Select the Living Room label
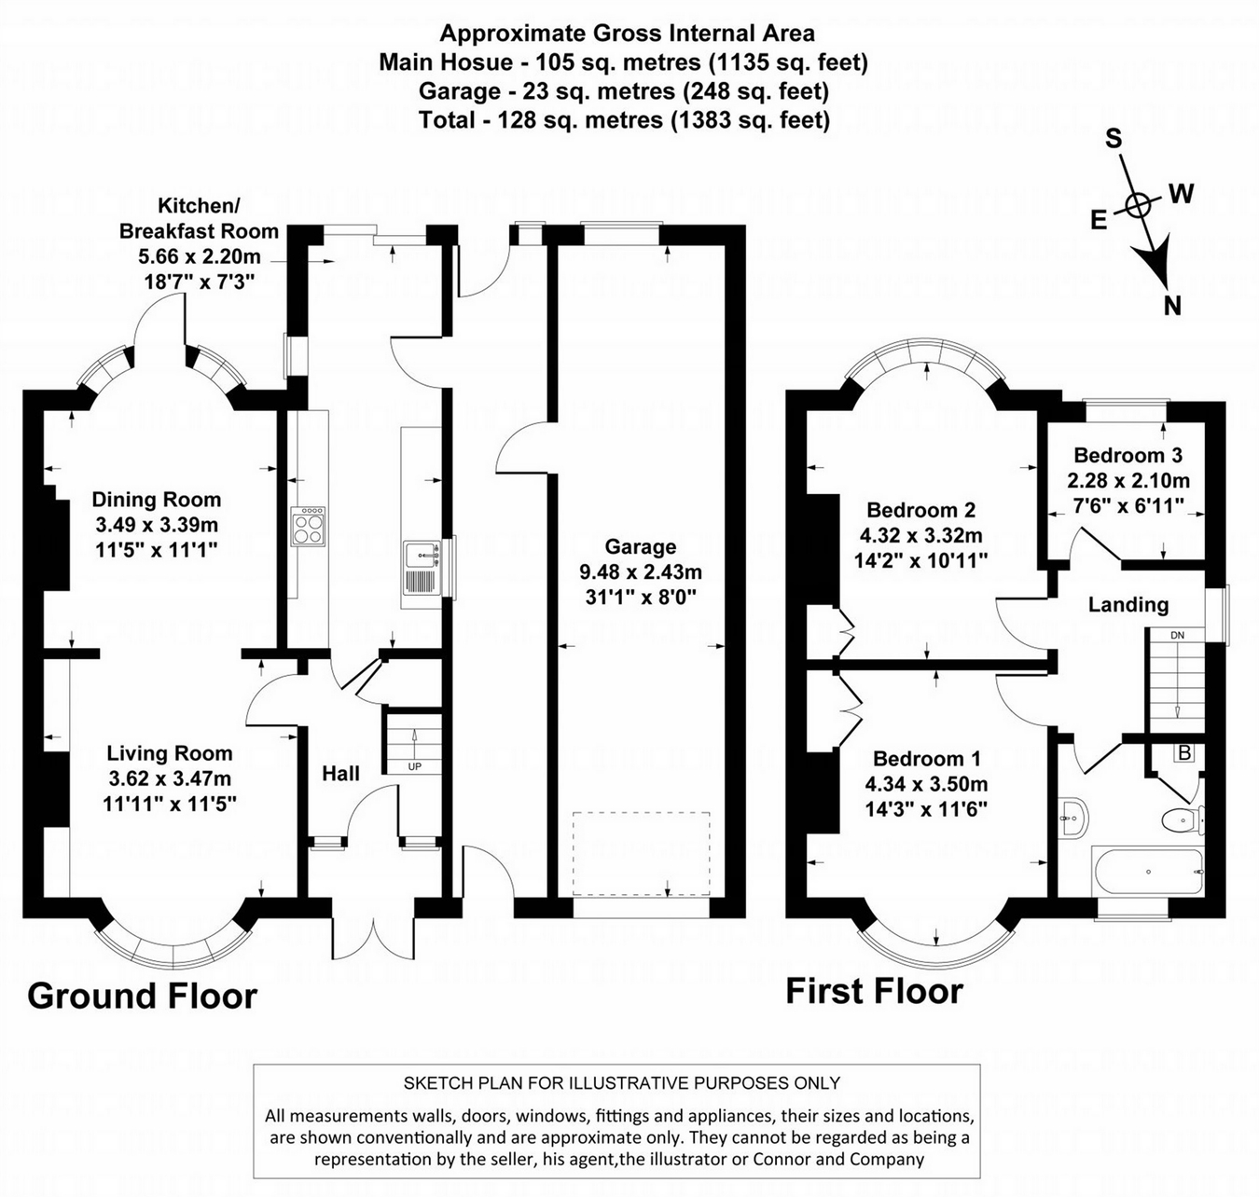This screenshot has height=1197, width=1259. pyautogui.click(x=169, y=753)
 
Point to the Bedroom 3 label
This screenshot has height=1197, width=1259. pyautogui.click(x=1128, y=456)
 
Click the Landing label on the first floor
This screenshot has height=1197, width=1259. pyautogui.click(x=1128, y=605)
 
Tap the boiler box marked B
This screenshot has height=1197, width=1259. pyautogui.click(x=1184, y=753)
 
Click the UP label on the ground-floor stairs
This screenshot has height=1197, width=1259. pyautogui.click(x=414, y=766)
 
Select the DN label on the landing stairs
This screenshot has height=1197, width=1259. pyautogui.click(x=1177, y=636)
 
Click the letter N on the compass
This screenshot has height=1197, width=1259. pyautogui.click(x=1172, y=305)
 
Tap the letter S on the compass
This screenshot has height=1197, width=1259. pyautogui.click(x=1114, y=139)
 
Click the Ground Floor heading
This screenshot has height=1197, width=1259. pyautogui.click(x=142, y=996)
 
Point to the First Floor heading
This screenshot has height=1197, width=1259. pyautogui.click(x=874, y=990)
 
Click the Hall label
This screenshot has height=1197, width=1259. pyautogui.click(x=340, y=773)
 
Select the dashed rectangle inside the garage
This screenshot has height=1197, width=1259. pyautogui.click(x=641, y=852)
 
